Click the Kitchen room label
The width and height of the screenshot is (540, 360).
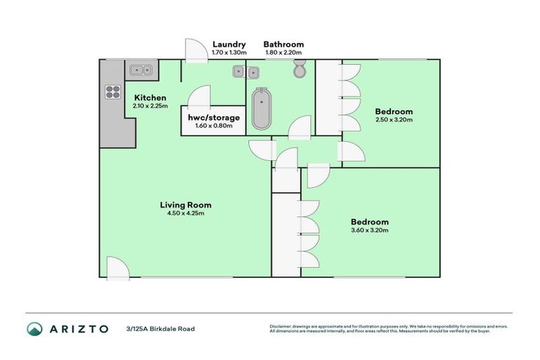click(x=150, y=98)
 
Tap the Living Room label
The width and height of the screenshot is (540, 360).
click(x=186, y=205)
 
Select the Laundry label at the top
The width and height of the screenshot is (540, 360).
click(x=228, y=43)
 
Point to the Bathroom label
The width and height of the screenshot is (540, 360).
click(x=283, y=43)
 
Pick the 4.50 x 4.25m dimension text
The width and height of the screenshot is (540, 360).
click(x=186, y=214)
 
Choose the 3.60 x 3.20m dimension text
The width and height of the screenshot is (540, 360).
click(x=369, y=230)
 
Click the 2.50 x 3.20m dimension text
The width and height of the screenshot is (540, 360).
click(x=393, y=120)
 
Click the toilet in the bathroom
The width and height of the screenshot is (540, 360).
click(x=300, y=70)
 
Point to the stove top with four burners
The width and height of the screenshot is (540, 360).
click(x=112, y=91)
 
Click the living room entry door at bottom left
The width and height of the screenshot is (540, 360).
click(x=116, y=267)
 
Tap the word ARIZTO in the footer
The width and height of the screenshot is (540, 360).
click(x=79, y=328)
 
